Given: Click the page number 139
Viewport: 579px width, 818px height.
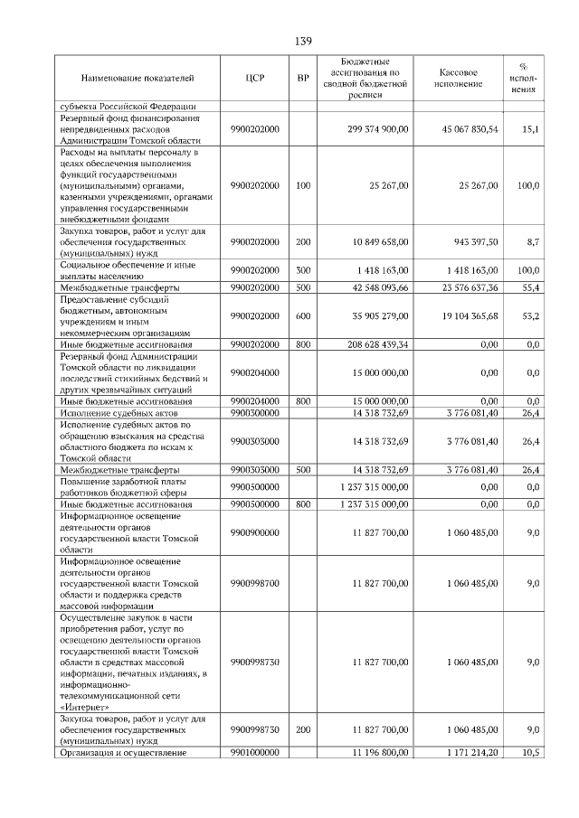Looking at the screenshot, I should click(302, 42).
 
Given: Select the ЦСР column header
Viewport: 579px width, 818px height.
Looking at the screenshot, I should click(254, 79).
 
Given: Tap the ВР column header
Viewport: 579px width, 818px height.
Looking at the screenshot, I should click(303, 79).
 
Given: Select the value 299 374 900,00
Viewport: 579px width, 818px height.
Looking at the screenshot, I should click(378, 130).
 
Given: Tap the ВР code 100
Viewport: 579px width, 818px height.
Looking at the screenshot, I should click(303, 185).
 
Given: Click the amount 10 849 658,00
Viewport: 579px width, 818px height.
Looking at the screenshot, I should click(379, 242).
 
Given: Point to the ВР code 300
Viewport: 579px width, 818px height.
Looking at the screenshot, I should click(303, 269).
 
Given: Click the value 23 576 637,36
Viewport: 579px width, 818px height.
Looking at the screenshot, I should click(466, 287).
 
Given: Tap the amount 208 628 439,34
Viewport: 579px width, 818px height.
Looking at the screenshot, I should click(377, 344).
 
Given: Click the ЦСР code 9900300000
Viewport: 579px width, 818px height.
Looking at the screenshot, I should click(254, 413).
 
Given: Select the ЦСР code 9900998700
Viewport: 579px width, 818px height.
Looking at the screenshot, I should click(254, 584).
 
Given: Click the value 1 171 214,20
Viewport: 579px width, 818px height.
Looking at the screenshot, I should click(467, 752).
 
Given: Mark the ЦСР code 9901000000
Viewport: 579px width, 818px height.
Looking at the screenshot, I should click(254, 752).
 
